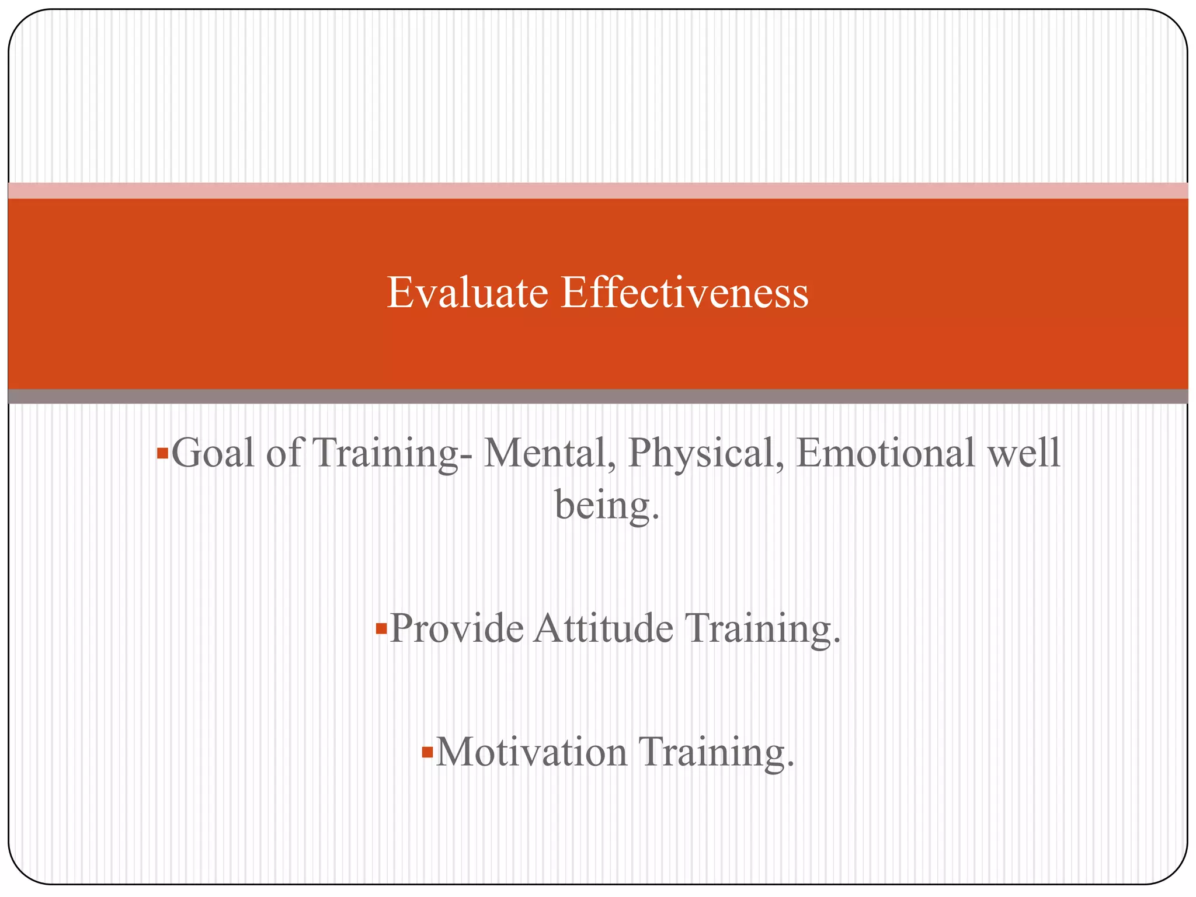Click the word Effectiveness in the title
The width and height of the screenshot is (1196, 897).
click(684, 293)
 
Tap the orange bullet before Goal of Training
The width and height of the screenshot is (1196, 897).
click(162, 453)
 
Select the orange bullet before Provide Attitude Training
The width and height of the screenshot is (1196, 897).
click(381, 629)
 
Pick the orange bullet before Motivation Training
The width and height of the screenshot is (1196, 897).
click(427, 752)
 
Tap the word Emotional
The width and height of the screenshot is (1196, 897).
click(885, 453)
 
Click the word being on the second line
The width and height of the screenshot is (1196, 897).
click(606, 506)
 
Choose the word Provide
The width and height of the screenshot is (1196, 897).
click(457, 629)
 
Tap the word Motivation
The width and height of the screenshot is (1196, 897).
click(531, 752)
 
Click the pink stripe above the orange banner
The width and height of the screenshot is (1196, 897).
click(598, 190)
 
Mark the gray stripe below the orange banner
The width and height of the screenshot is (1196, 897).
click(598, 397)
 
